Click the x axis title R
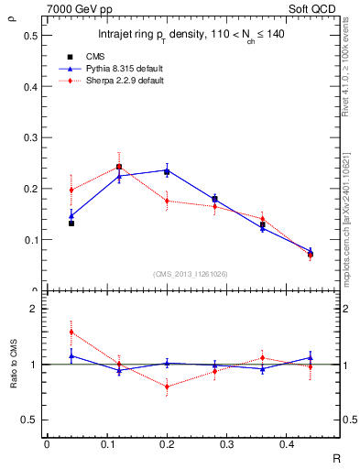336,456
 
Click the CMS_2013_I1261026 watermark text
191,274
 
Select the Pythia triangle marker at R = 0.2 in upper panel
167,170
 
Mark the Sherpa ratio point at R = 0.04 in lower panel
71,332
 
